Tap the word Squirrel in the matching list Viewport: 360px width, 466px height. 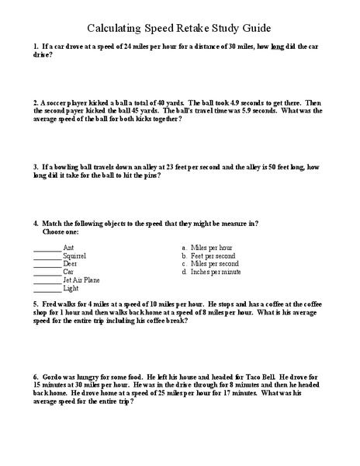(74, 256)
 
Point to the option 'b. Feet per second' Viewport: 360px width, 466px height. (208, 256)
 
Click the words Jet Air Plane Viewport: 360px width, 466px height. (81, 280)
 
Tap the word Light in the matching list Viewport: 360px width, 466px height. (71, 288)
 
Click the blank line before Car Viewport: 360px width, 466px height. (47, 272)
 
